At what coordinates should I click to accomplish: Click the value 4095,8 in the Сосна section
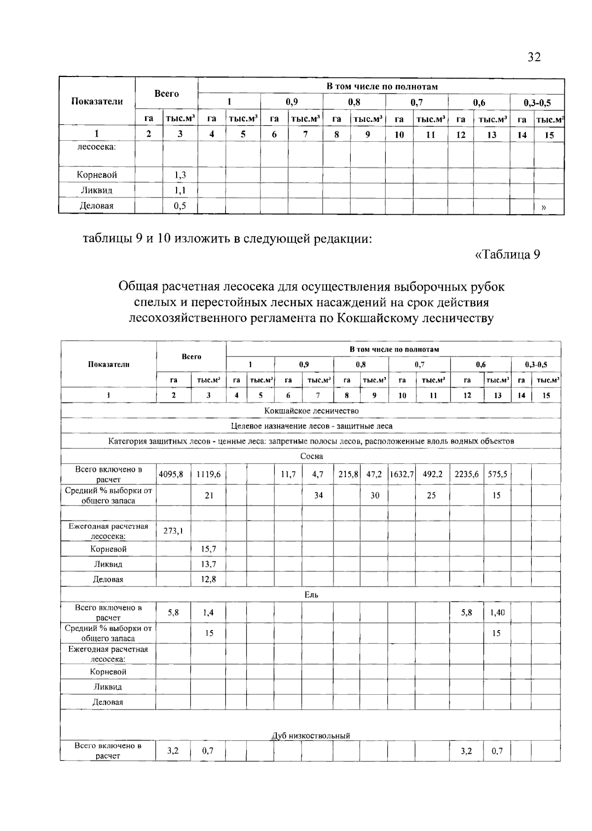tap(171, 474)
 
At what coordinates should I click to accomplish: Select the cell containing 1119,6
tap(208, 474)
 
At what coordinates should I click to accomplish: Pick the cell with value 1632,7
tap(402, 474)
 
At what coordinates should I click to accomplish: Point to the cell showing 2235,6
tap(467, 474)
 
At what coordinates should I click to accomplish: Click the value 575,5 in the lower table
tap(497, 474)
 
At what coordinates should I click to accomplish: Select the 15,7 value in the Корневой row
tap(208, 549)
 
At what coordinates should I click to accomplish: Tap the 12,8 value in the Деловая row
tap(208, 579)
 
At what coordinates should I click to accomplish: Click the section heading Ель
tap(311, 594)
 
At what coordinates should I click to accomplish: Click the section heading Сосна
tap(311, 456)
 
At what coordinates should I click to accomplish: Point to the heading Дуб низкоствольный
tap(311, 736)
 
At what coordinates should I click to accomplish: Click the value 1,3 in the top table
tap(180, 175)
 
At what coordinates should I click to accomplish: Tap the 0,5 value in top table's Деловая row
tap(180, 206)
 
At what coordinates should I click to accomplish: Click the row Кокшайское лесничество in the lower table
tap(311, 411)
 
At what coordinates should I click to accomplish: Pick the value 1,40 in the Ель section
tap(497, 613)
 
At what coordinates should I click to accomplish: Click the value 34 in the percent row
tap(318, 495)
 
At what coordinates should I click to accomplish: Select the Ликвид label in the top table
tap(97, 190)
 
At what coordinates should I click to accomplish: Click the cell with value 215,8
tap(348, 474)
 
